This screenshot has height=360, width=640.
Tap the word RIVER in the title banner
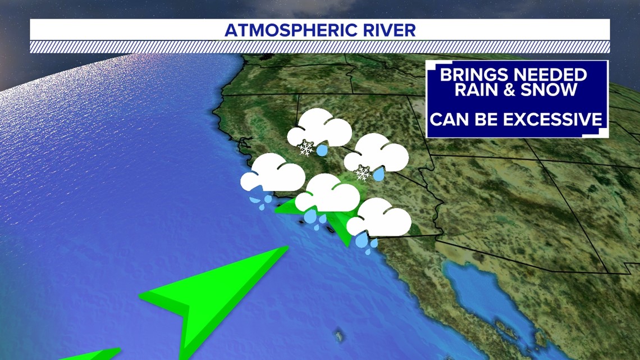tap(391, 30)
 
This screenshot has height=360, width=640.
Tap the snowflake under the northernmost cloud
tap(306, 148)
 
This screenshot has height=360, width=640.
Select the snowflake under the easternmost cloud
tap(363, 173)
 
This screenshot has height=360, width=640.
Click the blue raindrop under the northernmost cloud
tap(322, 150)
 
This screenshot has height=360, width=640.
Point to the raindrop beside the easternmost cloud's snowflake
tap(379, 175)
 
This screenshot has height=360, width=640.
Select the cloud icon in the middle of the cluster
tap(328, 194)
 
